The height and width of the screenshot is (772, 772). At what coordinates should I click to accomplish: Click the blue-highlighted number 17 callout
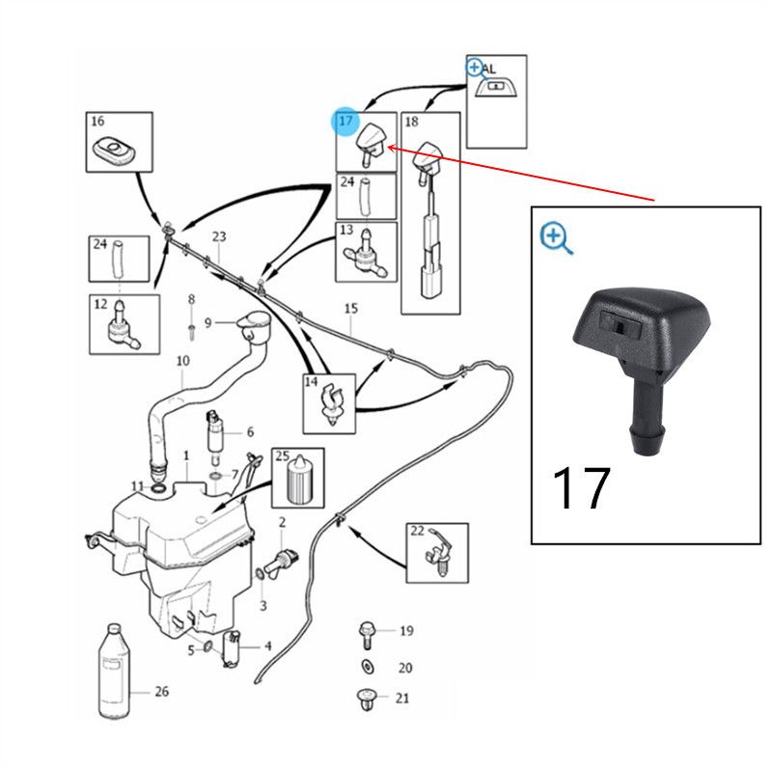346,122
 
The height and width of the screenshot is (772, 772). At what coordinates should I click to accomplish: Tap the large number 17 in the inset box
581,488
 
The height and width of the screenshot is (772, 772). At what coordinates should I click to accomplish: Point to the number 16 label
97,122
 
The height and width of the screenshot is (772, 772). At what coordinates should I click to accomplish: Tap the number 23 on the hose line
219,237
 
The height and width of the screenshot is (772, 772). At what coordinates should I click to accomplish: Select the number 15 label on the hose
350,308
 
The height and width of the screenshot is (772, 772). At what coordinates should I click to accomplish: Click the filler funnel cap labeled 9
255,326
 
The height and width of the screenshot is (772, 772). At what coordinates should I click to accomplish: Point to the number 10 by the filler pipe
182,362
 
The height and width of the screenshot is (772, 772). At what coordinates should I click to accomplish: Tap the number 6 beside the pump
250,432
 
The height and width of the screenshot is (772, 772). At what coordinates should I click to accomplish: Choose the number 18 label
411,123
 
